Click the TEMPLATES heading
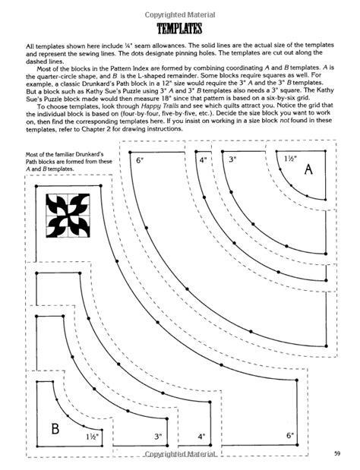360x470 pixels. coord(179,30)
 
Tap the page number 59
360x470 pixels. coord(335,454)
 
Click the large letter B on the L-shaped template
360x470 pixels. coord(54,428)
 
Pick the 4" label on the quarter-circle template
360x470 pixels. coord(202,161)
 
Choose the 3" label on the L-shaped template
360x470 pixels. coord(158,437)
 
